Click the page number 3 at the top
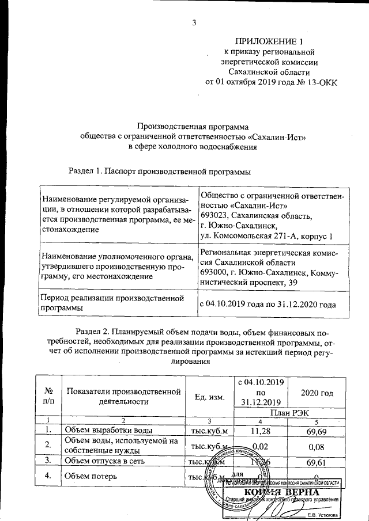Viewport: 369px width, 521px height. [194, 23]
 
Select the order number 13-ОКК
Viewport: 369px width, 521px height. [318, 82]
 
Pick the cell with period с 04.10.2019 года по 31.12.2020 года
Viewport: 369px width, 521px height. [267, 303]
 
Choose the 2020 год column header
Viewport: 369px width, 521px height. [317, 393]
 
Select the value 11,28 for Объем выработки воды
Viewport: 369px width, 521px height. [261, 430]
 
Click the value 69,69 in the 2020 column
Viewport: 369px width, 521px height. [317, 430]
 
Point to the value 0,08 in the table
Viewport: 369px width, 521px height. [317, 446]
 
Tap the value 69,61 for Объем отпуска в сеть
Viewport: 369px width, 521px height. [317, 461]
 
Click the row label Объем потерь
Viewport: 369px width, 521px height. [91, 476]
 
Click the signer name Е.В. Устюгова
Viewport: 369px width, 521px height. [323, 515]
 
